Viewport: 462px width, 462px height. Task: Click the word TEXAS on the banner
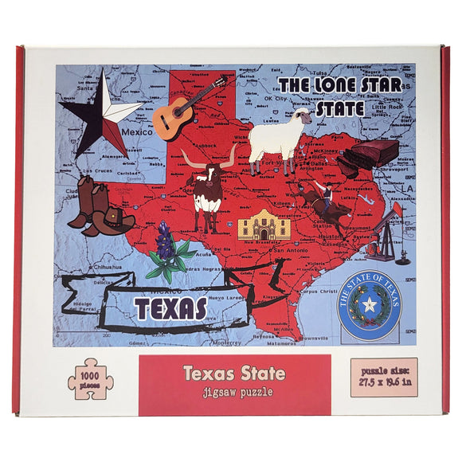click(170, 308)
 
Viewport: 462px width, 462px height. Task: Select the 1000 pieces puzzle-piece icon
click(89, 380)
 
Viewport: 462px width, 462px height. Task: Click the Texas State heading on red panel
click(234, 372)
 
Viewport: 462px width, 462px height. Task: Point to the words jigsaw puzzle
click(234, 391)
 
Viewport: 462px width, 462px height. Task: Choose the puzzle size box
click(383, 377)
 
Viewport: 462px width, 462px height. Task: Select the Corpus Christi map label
click(318, 292)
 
